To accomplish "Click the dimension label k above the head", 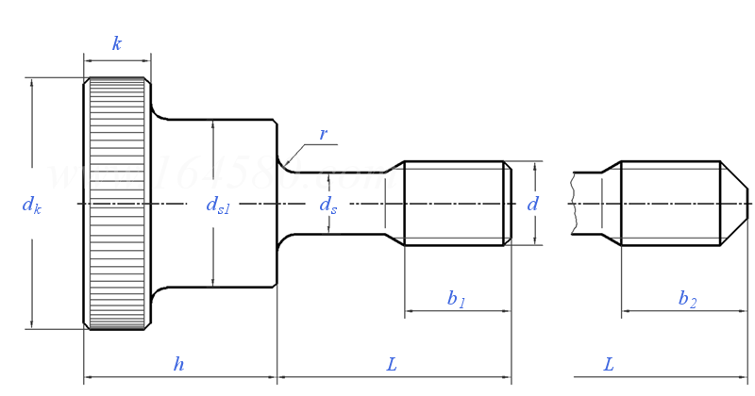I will (116, 43).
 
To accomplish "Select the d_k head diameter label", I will (31, 205).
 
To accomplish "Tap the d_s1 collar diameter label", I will (218, 206).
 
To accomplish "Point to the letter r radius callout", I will (323, 134).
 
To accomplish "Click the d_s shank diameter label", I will (327, 205).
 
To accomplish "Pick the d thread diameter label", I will (533, 204).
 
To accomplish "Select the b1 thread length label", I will (457, 299).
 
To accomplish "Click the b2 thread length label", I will (687, 299).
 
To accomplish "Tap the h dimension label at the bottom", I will (178, 364).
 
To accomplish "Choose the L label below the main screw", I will (392, 364).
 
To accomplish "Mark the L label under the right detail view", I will (609, 364).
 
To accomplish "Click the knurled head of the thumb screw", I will (116, 204).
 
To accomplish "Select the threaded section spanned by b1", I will (453, 204).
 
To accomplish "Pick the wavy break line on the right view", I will (572, 204).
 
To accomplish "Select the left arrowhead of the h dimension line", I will (89, 379).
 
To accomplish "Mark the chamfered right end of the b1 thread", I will (508, 204).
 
